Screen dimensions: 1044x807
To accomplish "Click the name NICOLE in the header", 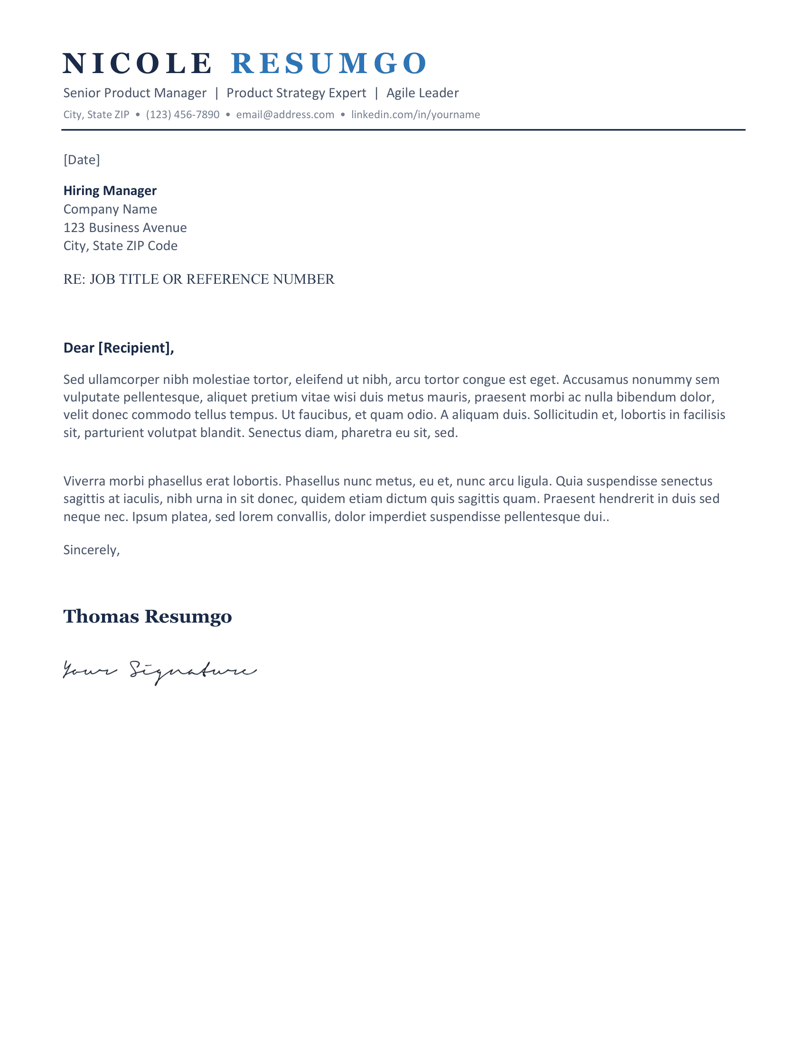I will (x=137, y=63).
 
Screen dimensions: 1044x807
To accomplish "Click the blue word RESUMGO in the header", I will (x=329, y=63).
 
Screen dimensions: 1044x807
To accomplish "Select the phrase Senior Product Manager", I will (x=135, y=93).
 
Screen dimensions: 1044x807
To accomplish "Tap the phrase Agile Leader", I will (x=422, y=93).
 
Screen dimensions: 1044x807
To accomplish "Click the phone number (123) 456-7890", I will (x=183, y=115).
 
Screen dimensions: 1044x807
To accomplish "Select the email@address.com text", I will (x=285, y=115).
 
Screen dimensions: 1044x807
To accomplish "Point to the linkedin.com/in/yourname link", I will (x=415, y=115).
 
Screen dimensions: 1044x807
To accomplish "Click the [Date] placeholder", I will (x=82, y=159).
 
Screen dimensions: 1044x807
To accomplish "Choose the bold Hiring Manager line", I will (x=110, y=191).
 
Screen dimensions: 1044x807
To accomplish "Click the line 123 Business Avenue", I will (x=125, y=227).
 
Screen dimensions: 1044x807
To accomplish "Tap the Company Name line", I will (x=110, y=209).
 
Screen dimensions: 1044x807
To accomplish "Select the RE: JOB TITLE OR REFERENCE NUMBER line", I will (x=199, y=279).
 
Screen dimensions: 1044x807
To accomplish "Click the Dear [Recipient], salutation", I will (x=119, y=348).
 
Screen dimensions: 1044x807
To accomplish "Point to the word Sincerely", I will (x=91, y=550).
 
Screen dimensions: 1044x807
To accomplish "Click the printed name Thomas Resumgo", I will (x=147, y=616).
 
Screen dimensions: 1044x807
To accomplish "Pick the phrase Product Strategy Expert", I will (x=296, y=93).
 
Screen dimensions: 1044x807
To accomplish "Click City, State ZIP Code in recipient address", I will (x=121, y=246).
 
